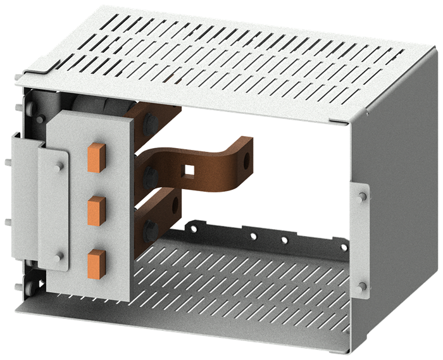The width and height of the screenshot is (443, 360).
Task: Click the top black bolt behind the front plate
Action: [150, 122]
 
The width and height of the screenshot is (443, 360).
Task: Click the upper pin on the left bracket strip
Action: [59, 166]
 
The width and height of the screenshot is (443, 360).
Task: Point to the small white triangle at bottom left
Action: [41, 284]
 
